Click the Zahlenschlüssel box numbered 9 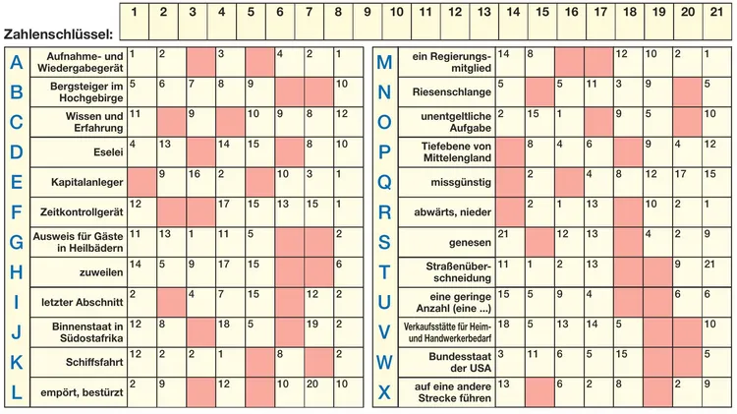click(368, 22)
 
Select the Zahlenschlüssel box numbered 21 click(717, 22)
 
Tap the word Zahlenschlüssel click(58, 33)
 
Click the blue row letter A click(17, 62)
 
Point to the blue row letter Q click(384, 182)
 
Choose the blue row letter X click(384, 392)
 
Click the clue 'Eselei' click(108, 152)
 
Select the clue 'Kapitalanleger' click(86, 182)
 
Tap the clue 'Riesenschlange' click(452, 91)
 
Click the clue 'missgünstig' click(461, 182)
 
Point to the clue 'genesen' click(470, 242)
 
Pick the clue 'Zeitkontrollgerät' click(82, 212)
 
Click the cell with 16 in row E click(200, 182)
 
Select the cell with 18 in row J click(230, 332)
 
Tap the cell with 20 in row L click(318, 392)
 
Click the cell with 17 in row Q click(688, 182)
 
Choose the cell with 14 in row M click(510, 62)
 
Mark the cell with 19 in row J click(318, 332)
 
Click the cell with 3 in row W click(510, 362)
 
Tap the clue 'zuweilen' click(101, 272)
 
